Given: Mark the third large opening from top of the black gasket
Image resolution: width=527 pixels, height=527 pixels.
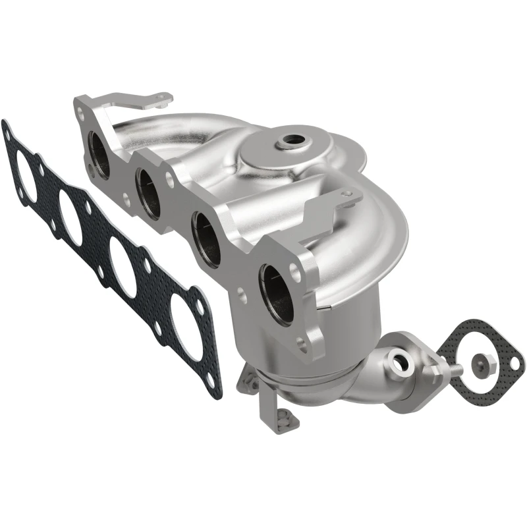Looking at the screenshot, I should tap(123, 267).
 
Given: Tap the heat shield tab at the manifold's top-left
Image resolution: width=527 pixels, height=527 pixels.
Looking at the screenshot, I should tap(157, 101).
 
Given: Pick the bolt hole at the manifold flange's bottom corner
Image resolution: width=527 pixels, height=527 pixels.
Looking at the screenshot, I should tap(304, 343).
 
